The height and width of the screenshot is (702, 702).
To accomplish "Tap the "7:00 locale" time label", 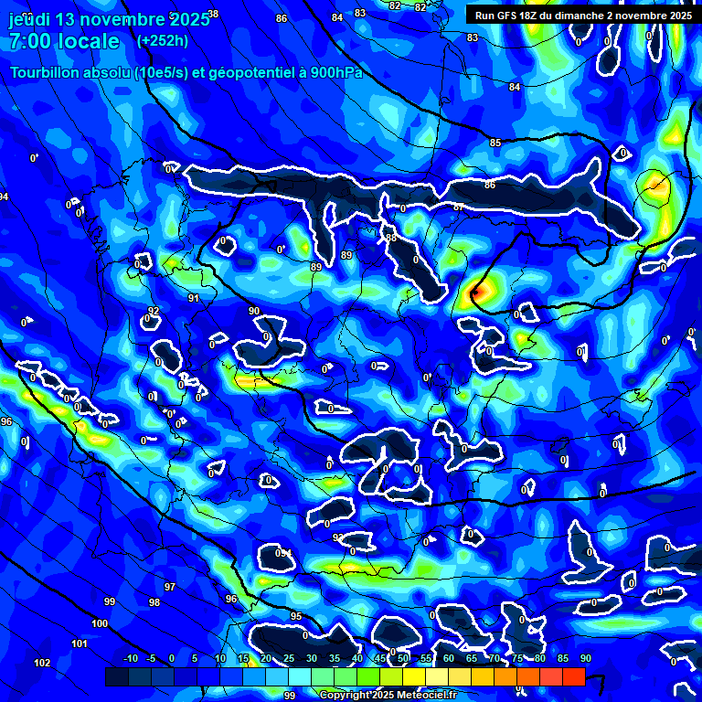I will click(64, 41).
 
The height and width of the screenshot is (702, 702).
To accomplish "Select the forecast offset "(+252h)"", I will click(163, 41).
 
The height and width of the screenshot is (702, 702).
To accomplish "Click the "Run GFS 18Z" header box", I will click(580, 16).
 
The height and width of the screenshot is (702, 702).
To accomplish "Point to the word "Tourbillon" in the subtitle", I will click(47, 72).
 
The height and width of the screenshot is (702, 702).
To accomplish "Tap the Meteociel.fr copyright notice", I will click(388, 695).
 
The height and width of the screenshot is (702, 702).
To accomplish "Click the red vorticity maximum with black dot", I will click(476, 292).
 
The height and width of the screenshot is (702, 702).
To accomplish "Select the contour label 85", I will click(495, 144).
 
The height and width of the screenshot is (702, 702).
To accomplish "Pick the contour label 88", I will click(391, 238).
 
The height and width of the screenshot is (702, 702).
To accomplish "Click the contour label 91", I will click(194, 298).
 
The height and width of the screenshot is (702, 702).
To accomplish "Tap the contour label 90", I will click(254, 312).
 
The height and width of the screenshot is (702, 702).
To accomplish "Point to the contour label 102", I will click(42, 663).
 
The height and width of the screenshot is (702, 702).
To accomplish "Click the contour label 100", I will click(100, 623).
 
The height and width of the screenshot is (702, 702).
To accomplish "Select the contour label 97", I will click(170, 586).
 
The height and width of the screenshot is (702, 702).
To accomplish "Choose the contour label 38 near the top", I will click(214, 14).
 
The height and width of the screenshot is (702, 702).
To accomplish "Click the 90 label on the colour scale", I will click(585, 658).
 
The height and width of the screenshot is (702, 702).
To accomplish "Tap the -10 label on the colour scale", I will click(130, 658).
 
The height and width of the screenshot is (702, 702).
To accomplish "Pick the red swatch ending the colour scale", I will click(573, 676).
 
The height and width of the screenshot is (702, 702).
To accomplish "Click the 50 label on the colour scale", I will click(403, 658).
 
